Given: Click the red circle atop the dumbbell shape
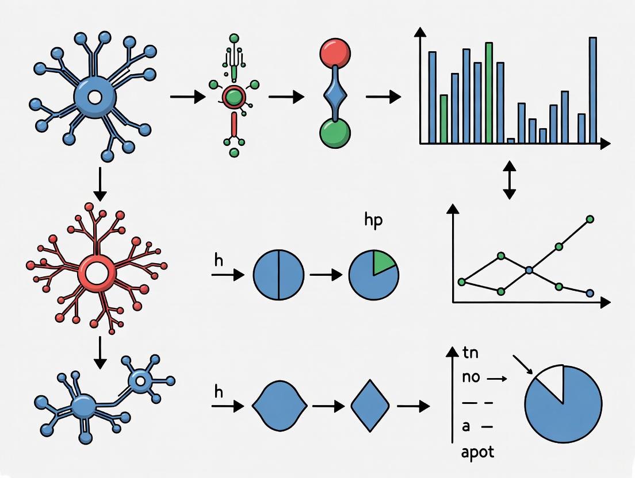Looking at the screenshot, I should pos(335,54).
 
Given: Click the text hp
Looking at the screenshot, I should pos(373,222).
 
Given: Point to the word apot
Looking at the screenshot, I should pos(477,452).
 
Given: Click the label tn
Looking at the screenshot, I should pos(470,353).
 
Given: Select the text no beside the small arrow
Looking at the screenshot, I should pos(471,377).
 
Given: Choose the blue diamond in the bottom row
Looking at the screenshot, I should pos(370,406).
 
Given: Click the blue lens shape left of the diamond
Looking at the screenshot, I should pos(277,406).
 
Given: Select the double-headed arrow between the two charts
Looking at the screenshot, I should pos(509,180).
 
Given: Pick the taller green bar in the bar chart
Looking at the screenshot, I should pos(488,92).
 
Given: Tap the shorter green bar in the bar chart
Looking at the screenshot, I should pos(443,118).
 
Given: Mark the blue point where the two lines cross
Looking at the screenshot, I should pos(529,269).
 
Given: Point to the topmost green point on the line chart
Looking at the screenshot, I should pos(590,219).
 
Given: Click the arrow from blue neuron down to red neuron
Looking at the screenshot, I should pos(100,184).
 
